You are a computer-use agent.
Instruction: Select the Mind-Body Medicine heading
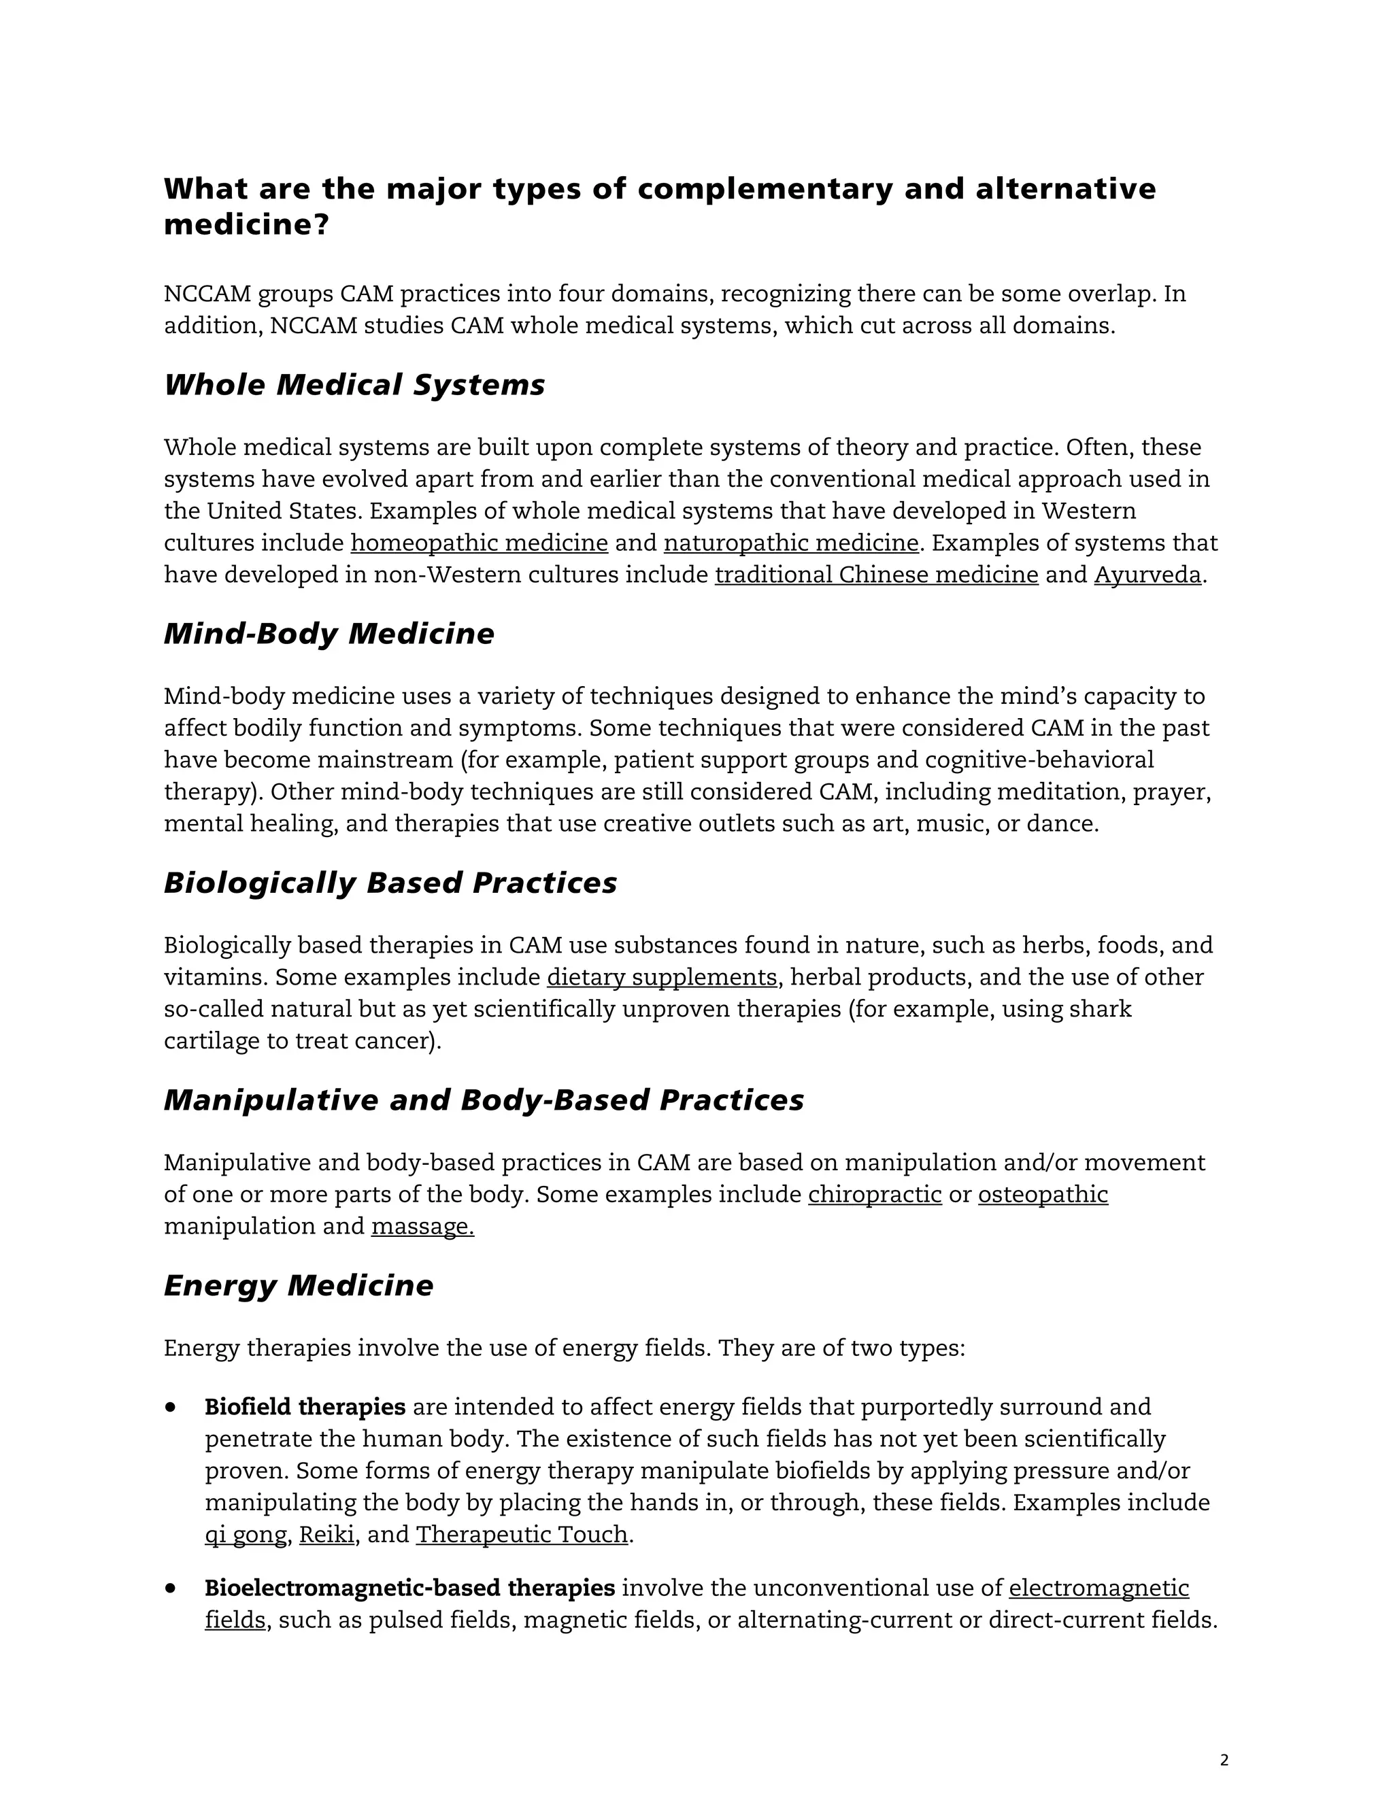click(x=329, y=634)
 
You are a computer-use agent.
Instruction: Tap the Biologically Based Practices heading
click(x=390, y=883)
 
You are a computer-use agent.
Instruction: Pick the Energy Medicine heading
click(x=298, y=1285)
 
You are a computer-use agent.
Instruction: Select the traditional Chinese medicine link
click(x=876, y=575)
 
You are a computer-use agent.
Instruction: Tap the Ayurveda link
click(x=1147, y=575)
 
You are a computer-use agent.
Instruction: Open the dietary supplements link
click(x=662, y=978)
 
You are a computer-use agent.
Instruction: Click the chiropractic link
click(x=875, y=1195)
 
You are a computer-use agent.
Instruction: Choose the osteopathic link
click(x=1043, y=1195)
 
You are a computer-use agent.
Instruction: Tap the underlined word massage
click(x=422, y=1227)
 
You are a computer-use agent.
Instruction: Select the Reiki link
click(x=326, y=1535)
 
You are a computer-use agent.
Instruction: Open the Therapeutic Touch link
click(x=522, y=1535)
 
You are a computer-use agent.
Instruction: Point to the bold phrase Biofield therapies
click(x=305, y=1407)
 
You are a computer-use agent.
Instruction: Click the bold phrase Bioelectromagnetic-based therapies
click(x=409, y=1588)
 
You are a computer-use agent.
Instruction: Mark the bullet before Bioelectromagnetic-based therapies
click(x=171, y=1588)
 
